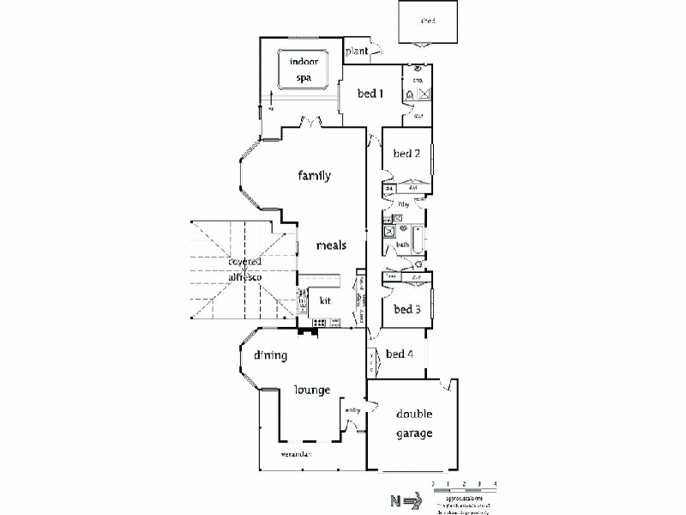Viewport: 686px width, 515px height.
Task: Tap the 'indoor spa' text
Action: pos(303,69)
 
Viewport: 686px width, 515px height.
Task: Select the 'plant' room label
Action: pos(357,51)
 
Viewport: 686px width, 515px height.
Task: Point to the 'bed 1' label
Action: pos(370,94)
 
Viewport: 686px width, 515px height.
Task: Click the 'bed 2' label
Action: pos(406,154)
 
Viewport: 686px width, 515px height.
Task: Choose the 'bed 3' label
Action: pos(406,309)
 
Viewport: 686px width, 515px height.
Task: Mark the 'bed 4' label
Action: pos(400,354)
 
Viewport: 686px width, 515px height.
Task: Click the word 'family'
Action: pos(315,176)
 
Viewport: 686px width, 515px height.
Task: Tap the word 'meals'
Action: pos(331,245)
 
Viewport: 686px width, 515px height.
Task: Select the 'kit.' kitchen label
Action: pos(326,300)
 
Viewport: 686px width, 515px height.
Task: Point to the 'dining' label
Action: pos(269,354)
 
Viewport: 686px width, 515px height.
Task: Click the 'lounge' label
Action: pos(313,390)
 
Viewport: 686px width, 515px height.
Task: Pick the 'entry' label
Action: pos(353,410)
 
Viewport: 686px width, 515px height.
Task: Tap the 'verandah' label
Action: pos(294,453)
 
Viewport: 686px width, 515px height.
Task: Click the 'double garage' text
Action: pos(413,424)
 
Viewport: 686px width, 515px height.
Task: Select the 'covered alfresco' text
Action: pos(244,270)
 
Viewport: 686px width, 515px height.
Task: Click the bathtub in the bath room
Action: pos(417,240)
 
